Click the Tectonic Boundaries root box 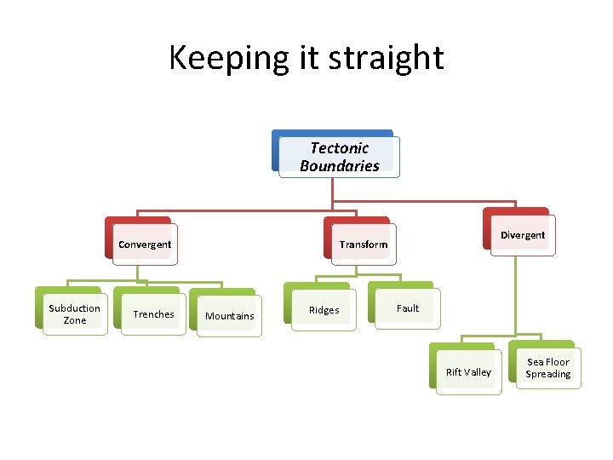339,157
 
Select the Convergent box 145,244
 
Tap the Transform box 363,244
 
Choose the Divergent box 523,235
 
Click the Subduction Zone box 75,314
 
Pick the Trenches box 153,314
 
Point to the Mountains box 230,316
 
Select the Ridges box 324,311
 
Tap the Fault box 408,308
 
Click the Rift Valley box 468,372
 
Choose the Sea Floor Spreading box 548,368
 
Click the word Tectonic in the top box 340,148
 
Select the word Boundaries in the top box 340,166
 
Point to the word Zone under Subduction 75,320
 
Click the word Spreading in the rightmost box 548,375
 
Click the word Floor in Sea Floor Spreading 559,362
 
